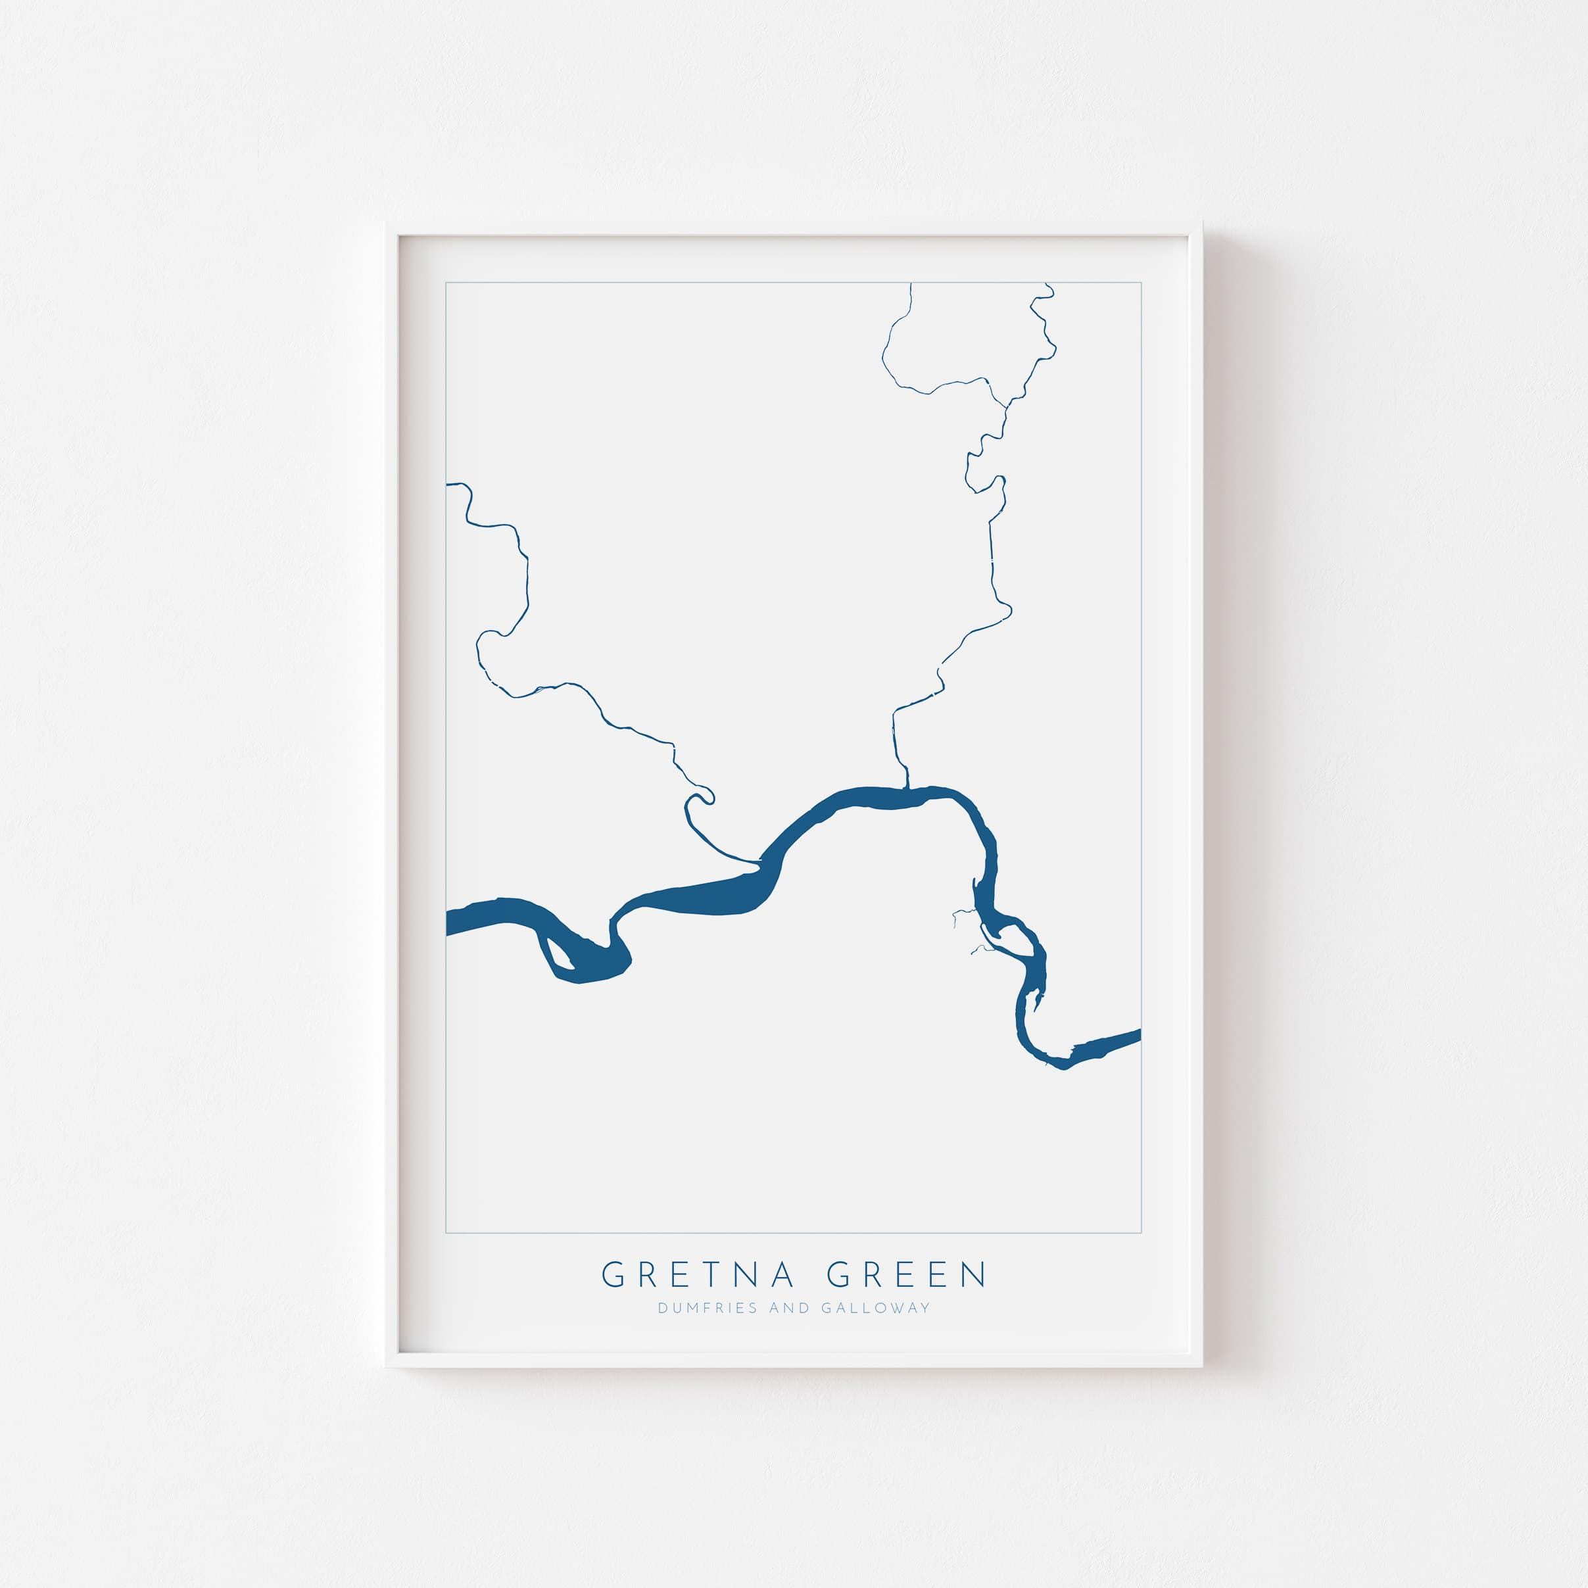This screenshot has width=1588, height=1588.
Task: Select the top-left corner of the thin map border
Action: pyautogui.click(x=446, y=283)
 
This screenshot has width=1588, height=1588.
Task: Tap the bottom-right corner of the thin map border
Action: pyautogui.click(x=1141, y=1234)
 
